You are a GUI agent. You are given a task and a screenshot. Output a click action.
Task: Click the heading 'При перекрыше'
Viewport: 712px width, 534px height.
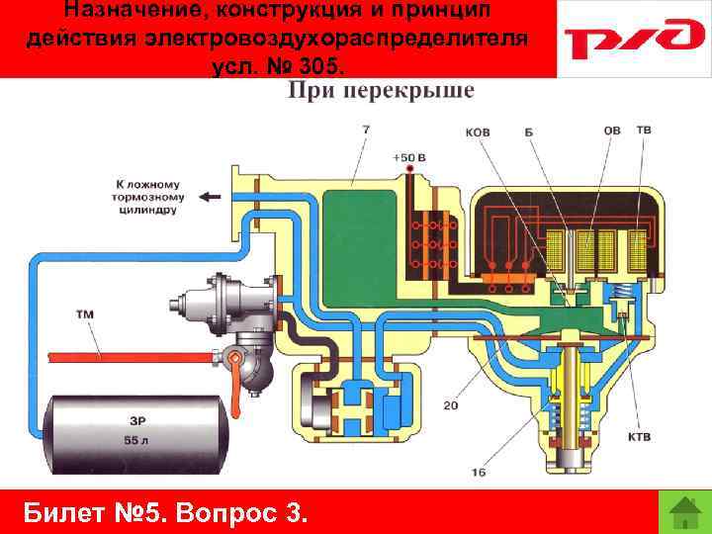(x=381, y=91)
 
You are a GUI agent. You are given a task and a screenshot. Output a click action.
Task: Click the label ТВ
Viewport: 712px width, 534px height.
(x=643, y=131)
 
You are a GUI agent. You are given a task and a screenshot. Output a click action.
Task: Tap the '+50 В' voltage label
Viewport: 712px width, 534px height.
(x=408, y=157)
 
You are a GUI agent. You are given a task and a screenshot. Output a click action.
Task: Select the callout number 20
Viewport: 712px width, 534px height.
(x=450, y=405)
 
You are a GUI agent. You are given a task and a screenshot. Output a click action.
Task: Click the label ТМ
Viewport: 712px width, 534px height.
(x=85, y=314)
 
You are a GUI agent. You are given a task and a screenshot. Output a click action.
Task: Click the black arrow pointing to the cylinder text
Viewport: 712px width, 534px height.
(x=211, y=197)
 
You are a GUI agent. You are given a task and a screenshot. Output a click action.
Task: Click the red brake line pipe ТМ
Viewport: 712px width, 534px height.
(x=129, y=351)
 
